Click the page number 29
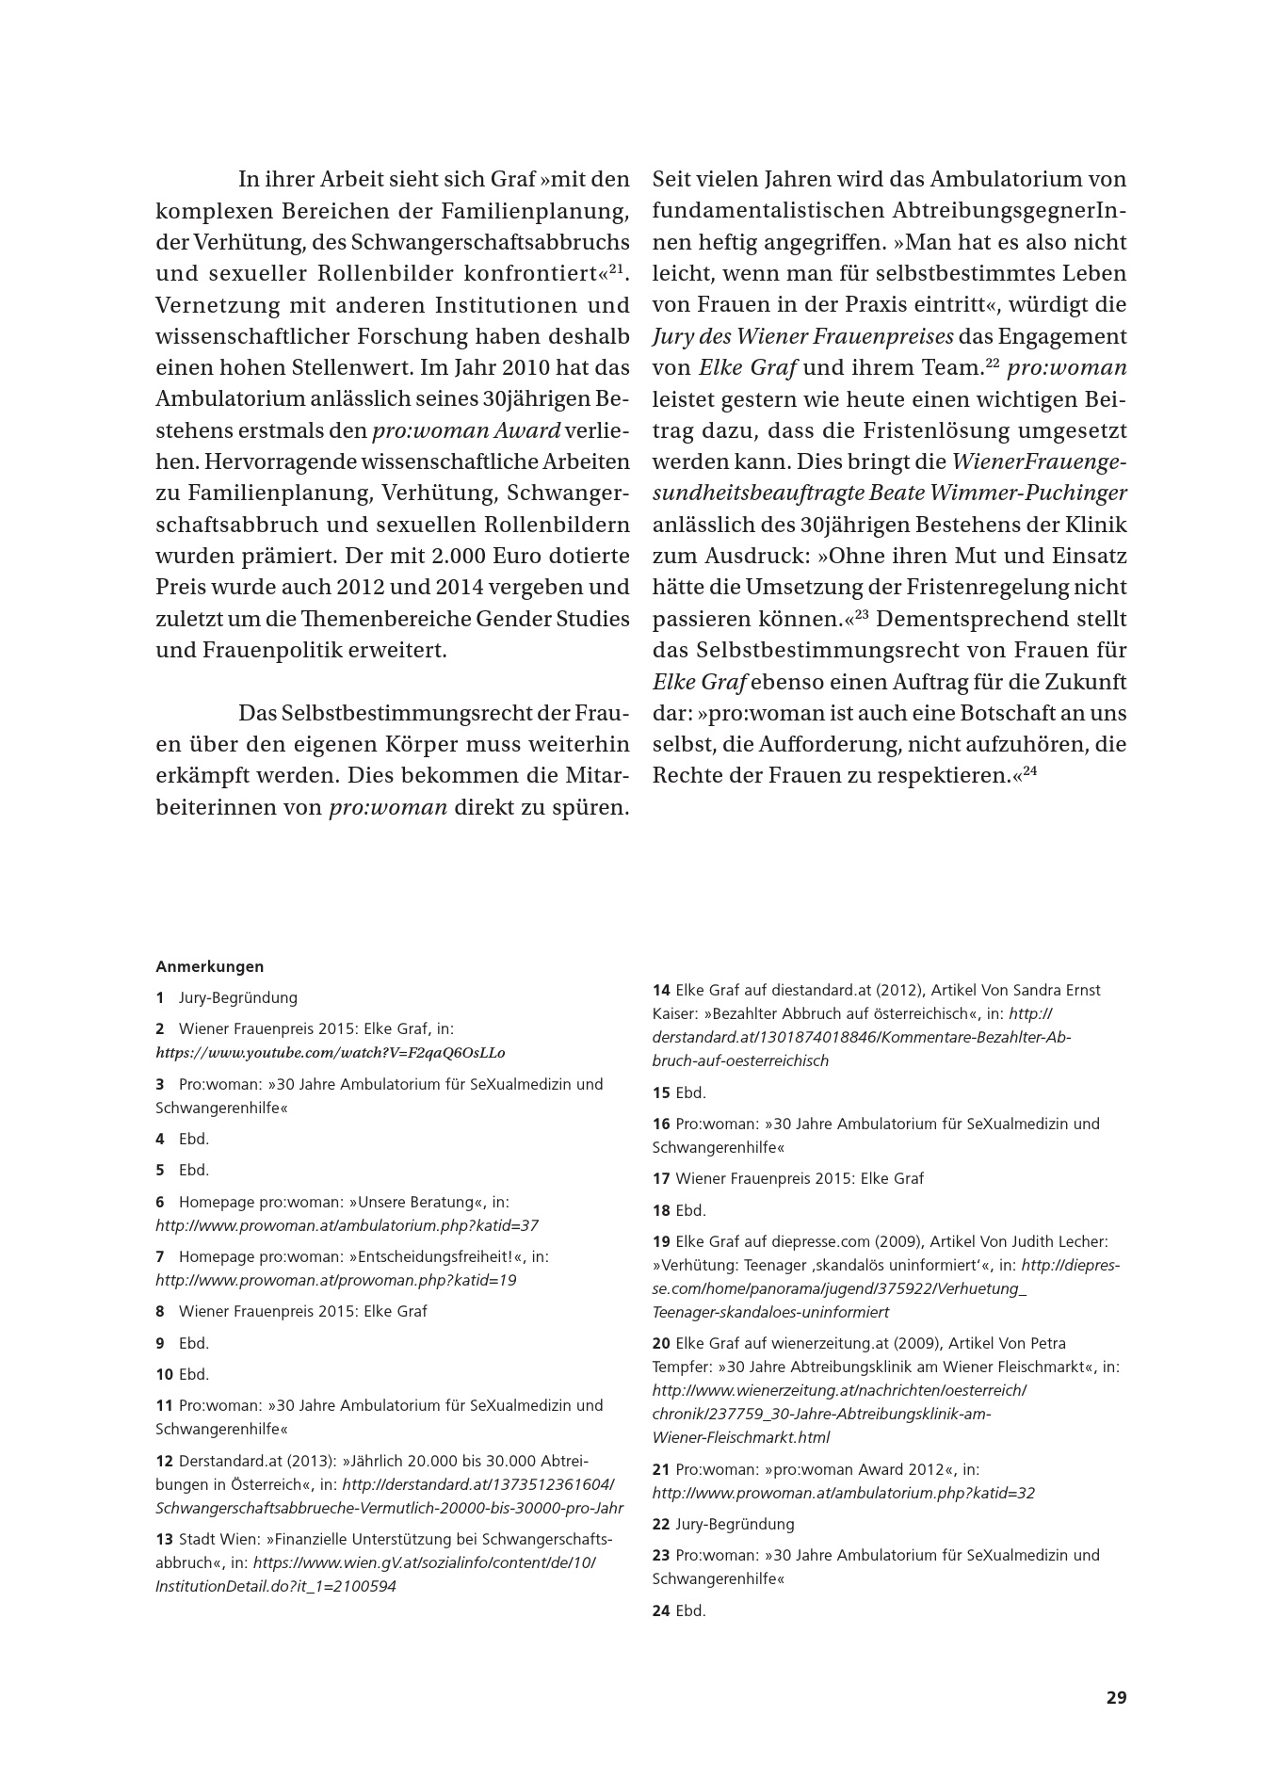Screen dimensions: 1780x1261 point(1116,1698)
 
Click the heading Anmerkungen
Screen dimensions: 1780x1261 point(209,966)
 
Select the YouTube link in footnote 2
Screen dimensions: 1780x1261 point(330,1052)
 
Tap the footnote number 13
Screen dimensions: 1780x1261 point(164,1539)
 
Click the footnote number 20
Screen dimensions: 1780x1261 point(661,1343)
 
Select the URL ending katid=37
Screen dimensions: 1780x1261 point(347,1225)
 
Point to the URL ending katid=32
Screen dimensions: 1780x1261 point(843,1493)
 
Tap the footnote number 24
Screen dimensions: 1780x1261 point(661,1610)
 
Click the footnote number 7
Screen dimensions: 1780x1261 point(160,1256)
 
